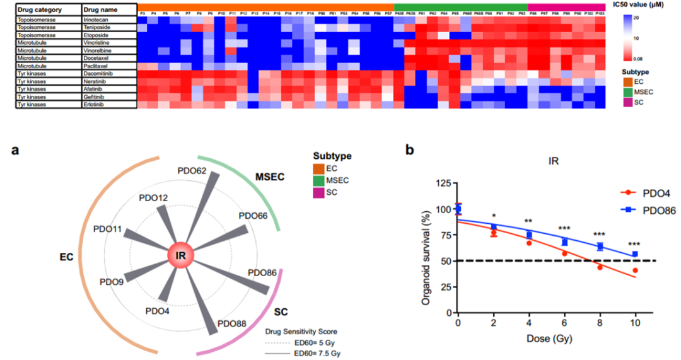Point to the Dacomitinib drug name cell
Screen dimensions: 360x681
tap(100, 73)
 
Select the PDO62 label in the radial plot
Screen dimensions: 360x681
tap(192, 170)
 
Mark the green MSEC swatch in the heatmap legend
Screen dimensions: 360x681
tap(628, 92)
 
